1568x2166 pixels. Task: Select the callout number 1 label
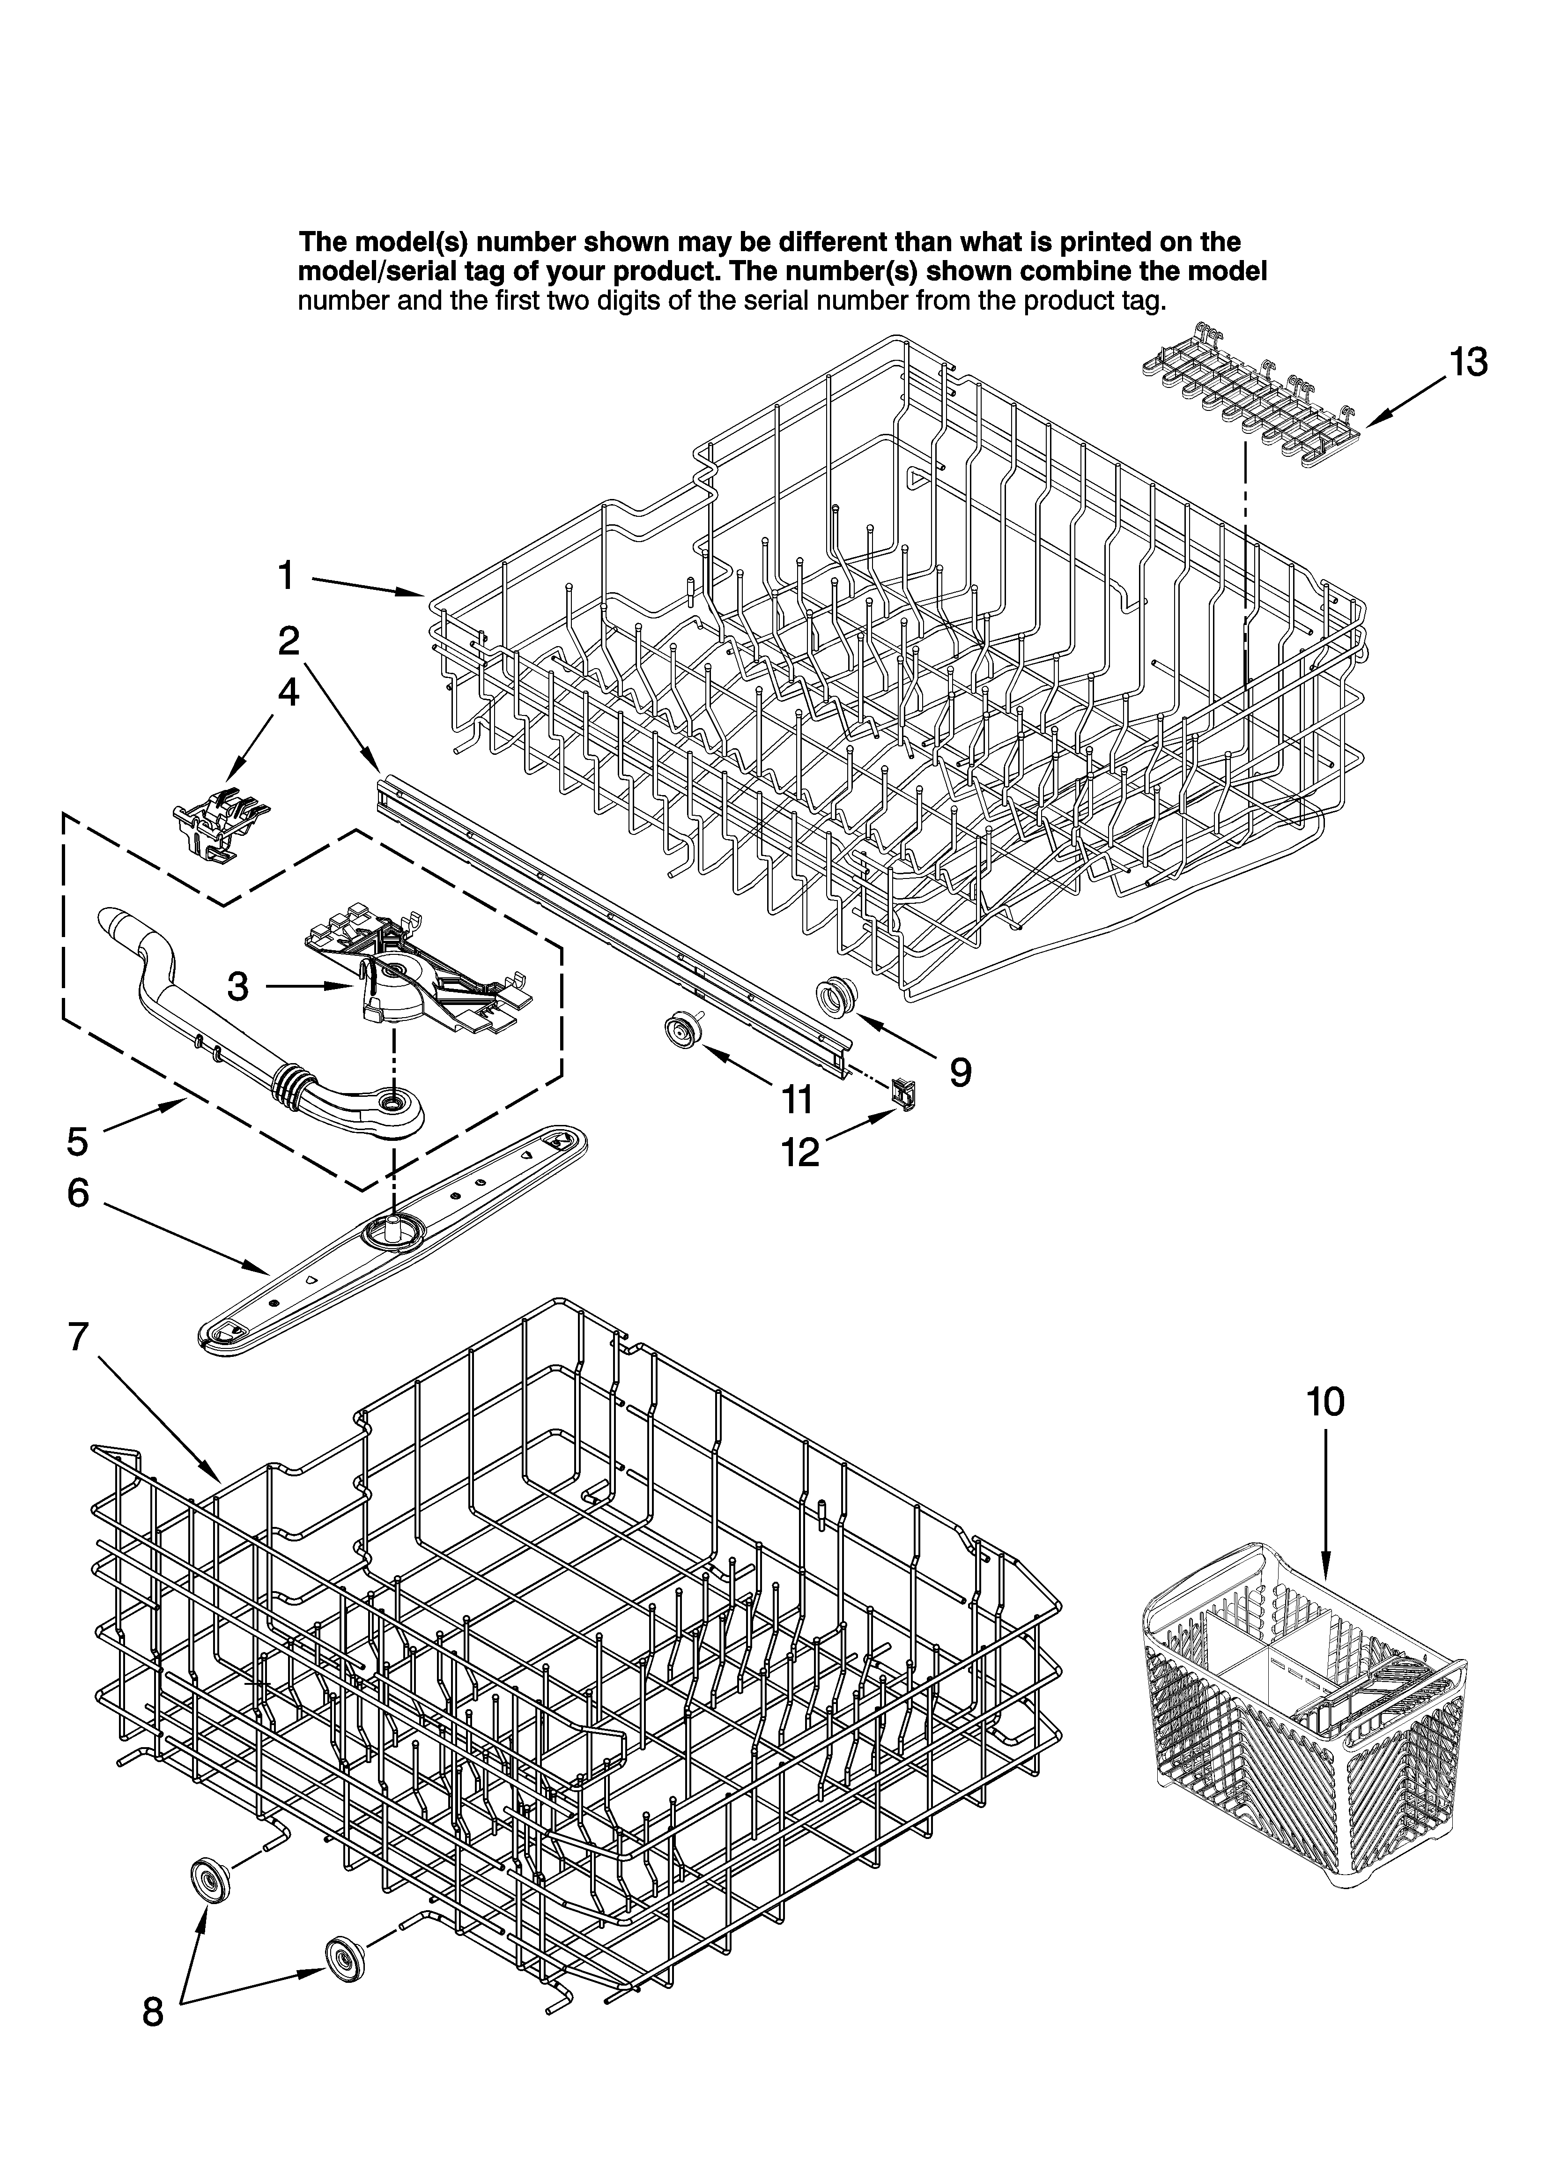(x=287, y=577)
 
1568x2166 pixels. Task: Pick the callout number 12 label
(x=800, y=1153)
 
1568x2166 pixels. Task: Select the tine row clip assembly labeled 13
(x=1251, y=392)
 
